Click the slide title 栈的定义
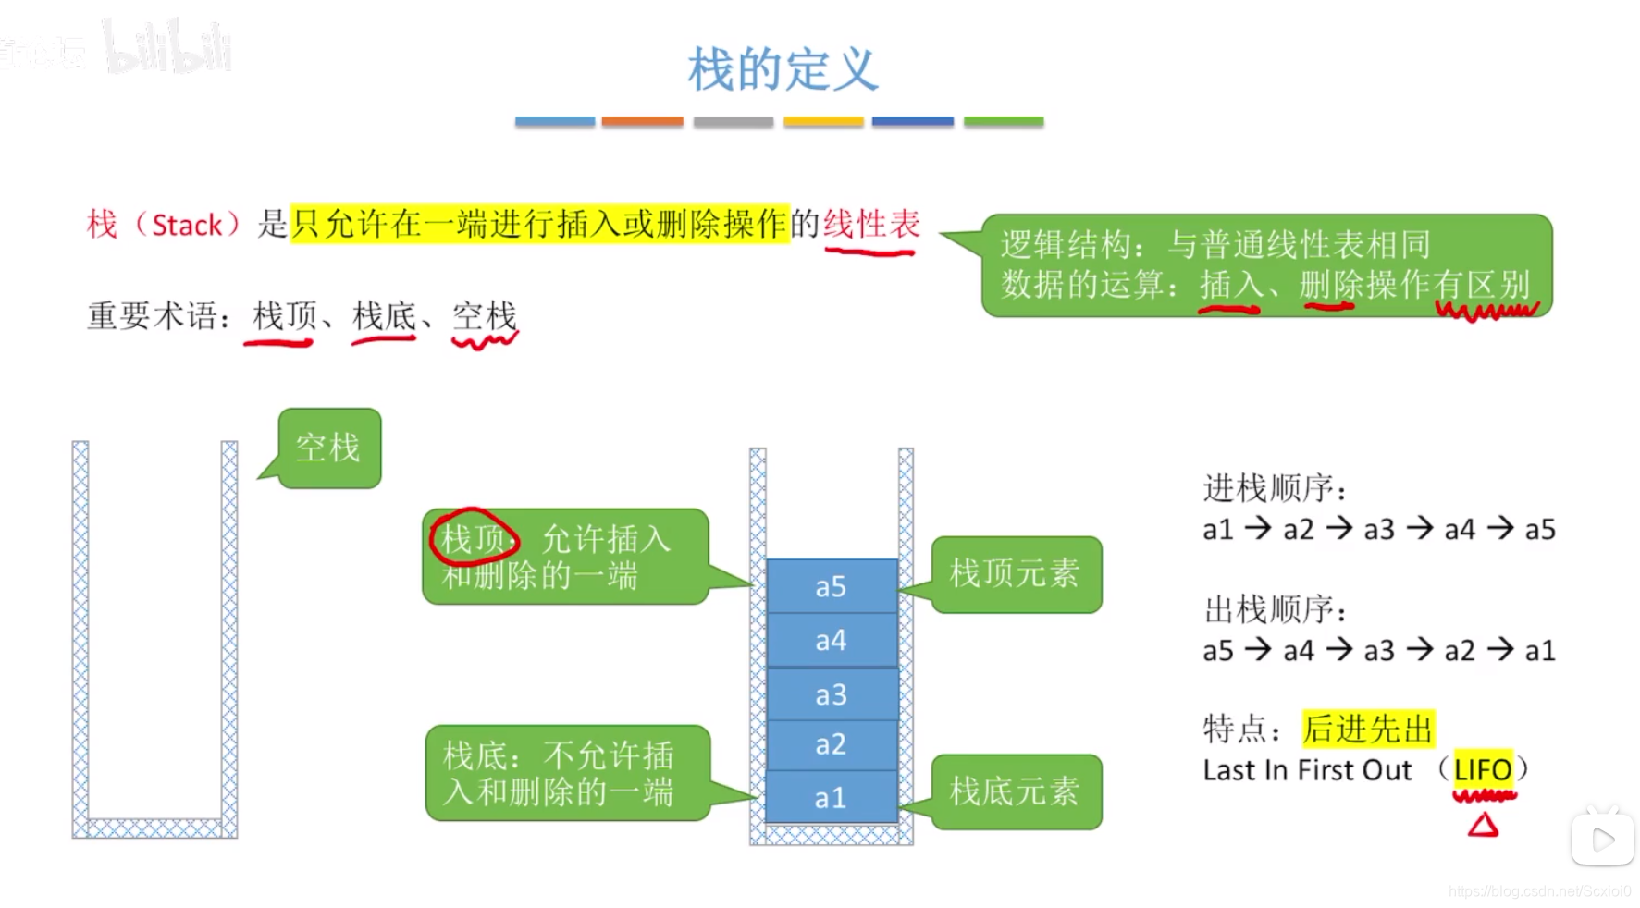(x=783, y=70)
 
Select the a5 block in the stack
(x=831, y=586)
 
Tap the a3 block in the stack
(x=831, y=694)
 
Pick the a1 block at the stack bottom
(x=831, y=797)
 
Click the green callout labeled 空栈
(x=329, y=448)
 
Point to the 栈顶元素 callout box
(x=1015, y=574)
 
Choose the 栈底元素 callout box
(x=1015, y=791)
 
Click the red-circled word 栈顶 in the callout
(x=472, y=538)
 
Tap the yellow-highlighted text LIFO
(x=1482, y=769)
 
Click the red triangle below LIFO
(x=1483, y=825)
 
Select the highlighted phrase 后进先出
(x=1367, y=729)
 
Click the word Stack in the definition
(x=187, y=225)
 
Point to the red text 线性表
(x=871, y=224)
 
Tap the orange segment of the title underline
(x=642, y=121)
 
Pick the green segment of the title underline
(x=1003, y=121)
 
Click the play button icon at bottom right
(x=1603, y=840)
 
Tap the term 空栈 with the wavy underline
(x=484, y=316)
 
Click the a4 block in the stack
(x=831, y=640)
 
